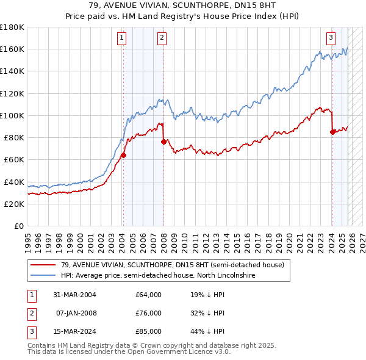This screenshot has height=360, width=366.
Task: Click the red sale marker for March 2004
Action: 123,155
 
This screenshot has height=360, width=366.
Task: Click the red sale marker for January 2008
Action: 163,142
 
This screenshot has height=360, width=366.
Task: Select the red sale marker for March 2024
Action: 332,132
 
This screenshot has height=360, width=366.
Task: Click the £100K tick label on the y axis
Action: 12,115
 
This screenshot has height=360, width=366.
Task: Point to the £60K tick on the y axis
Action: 13,159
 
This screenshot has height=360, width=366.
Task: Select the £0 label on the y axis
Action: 20,226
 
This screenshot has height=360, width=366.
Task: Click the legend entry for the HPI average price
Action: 157,276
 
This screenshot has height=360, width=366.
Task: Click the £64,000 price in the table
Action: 149,295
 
